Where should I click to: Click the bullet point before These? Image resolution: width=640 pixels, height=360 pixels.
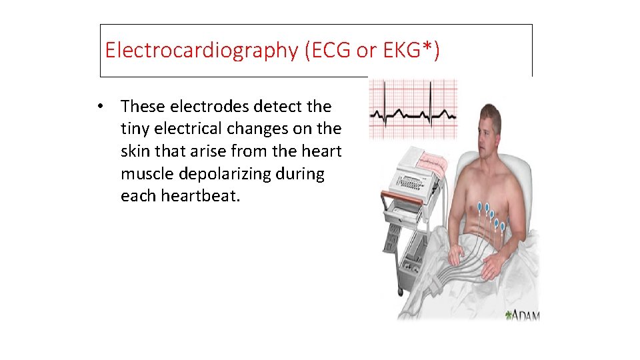click(99, 107)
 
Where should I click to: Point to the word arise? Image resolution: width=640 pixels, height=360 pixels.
click(224, 151)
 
